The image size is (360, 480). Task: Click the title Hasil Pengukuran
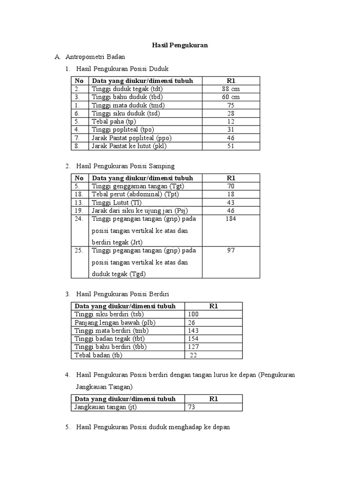click(x=180, y=45)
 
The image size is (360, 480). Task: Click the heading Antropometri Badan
click(x=95, y=57)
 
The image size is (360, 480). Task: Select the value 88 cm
click(x=231, y=89)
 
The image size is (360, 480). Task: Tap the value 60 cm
click(x=231, y=97)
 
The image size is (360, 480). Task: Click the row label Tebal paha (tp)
click(x=112, y=121)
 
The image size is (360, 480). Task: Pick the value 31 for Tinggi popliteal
click(x=231, y=130)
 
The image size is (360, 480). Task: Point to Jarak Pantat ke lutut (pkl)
click(x=129, y=146)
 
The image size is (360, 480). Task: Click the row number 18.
click(x=79, y=194)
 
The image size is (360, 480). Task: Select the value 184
click(x=231, y=219)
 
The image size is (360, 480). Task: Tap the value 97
click(x=231, y=250)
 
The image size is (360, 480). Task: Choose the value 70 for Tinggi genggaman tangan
click(x=231, y=186)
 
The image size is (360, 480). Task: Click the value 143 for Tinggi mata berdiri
click(x=193, y=330)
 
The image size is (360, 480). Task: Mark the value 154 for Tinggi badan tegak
click(x=193, y=338)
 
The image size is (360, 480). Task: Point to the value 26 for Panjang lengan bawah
click(x=191, y=322)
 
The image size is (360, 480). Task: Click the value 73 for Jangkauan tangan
click(x=191, y=407)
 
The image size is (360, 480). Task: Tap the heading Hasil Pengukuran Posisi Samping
click(x=125, y=166)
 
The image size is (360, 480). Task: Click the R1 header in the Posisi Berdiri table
click(x=214, y=306)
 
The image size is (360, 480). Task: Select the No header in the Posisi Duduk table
click(x=79, y=81)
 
